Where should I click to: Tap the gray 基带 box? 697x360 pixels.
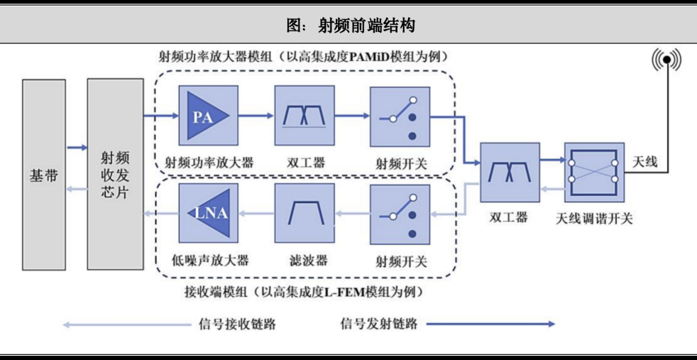coord(43,175)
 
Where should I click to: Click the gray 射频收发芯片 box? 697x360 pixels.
coord(115,175)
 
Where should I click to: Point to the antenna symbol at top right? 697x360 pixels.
coord(666,60)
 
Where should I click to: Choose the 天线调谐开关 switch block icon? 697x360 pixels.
coord(593,173)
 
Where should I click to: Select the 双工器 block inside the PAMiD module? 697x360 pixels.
coord(304,116)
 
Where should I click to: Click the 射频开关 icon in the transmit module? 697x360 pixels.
coord(400,116)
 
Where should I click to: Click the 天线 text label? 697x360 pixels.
coord(645,162)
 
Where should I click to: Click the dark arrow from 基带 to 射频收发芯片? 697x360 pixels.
coord(76,148)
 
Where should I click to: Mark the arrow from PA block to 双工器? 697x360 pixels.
coord(252,116)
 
